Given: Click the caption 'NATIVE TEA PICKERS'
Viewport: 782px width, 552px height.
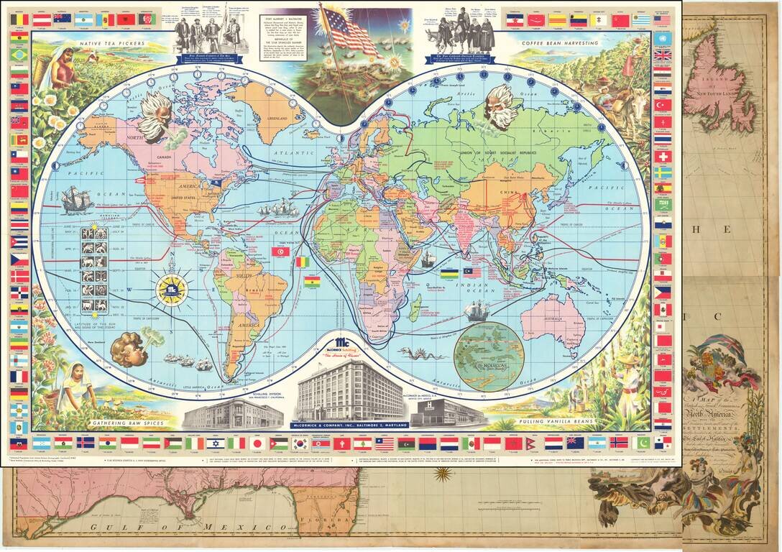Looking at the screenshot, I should pos(105,44).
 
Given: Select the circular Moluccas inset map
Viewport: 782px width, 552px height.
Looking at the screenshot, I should pos(488,355).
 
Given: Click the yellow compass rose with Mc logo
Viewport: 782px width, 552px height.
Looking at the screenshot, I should pos(172,290).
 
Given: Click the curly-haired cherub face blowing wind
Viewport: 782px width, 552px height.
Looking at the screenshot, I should pos(129,349).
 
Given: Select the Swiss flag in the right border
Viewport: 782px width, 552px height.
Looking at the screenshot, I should pos(663,156).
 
